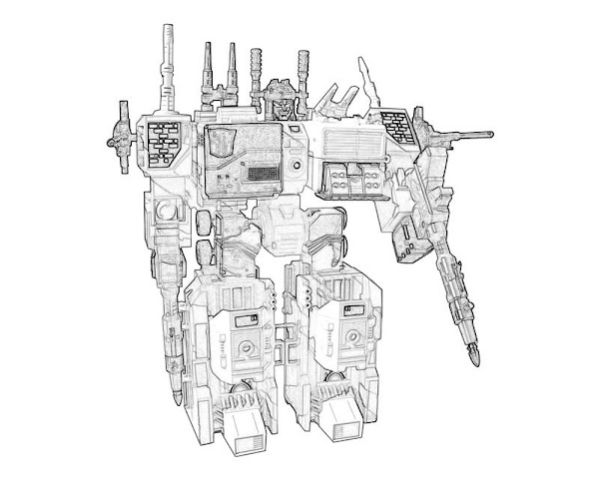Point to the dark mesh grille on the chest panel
(263, 174)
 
